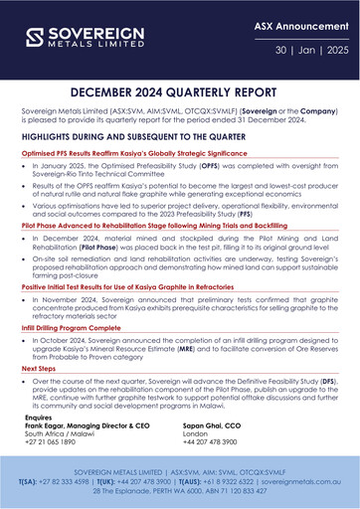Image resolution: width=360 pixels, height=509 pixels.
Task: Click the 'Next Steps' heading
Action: (40, 368)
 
